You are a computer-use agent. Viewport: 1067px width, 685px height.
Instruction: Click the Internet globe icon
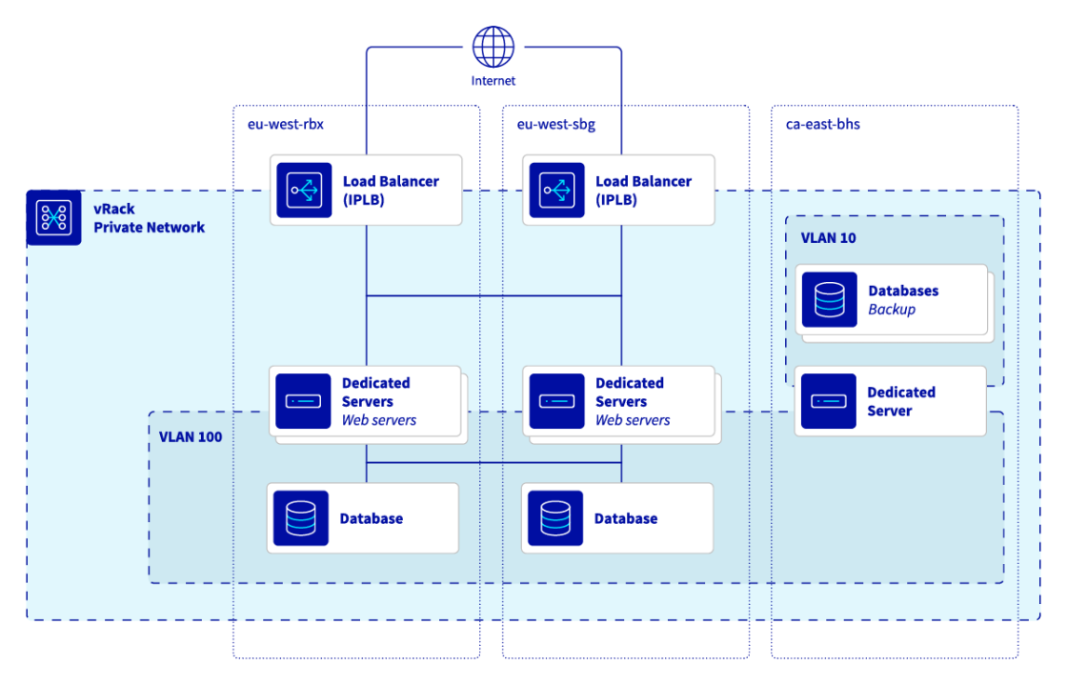493,47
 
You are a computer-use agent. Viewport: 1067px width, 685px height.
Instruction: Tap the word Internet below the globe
493,81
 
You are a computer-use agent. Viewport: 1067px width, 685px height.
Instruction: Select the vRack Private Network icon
53,218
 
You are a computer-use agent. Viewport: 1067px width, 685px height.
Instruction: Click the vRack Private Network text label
149,218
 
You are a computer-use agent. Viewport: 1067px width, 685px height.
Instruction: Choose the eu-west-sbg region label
556,125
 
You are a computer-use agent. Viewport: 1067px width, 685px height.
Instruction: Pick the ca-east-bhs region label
823,125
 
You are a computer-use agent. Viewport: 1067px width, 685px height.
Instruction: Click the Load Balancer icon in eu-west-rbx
304,191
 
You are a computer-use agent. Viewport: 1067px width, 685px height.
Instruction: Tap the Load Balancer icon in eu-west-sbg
556,191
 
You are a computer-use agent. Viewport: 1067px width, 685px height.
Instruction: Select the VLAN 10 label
828,238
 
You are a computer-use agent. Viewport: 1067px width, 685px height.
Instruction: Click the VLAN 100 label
191,437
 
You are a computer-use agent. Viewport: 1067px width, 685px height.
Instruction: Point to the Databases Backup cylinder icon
829,299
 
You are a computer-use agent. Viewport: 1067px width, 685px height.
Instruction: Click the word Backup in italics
892,310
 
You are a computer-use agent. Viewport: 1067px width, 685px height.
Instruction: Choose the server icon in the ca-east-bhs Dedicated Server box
828,401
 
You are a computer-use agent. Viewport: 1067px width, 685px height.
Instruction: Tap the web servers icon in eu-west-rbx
303,401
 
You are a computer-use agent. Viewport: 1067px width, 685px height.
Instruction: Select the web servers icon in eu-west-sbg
556,401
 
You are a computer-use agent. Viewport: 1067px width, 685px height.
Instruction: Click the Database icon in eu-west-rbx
301,518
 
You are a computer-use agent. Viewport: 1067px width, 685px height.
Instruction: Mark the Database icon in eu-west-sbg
554,518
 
